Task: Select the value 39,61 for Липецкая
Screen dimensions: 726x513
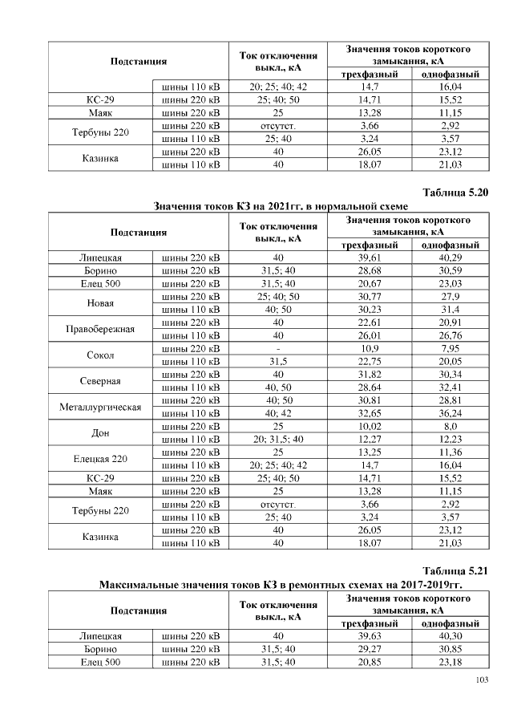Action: [370, 258]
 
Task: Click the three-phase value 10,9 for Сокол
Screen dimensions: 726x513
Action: [370, 348]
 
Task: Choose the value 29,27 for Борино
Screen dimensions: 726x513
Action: [370, 649]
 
